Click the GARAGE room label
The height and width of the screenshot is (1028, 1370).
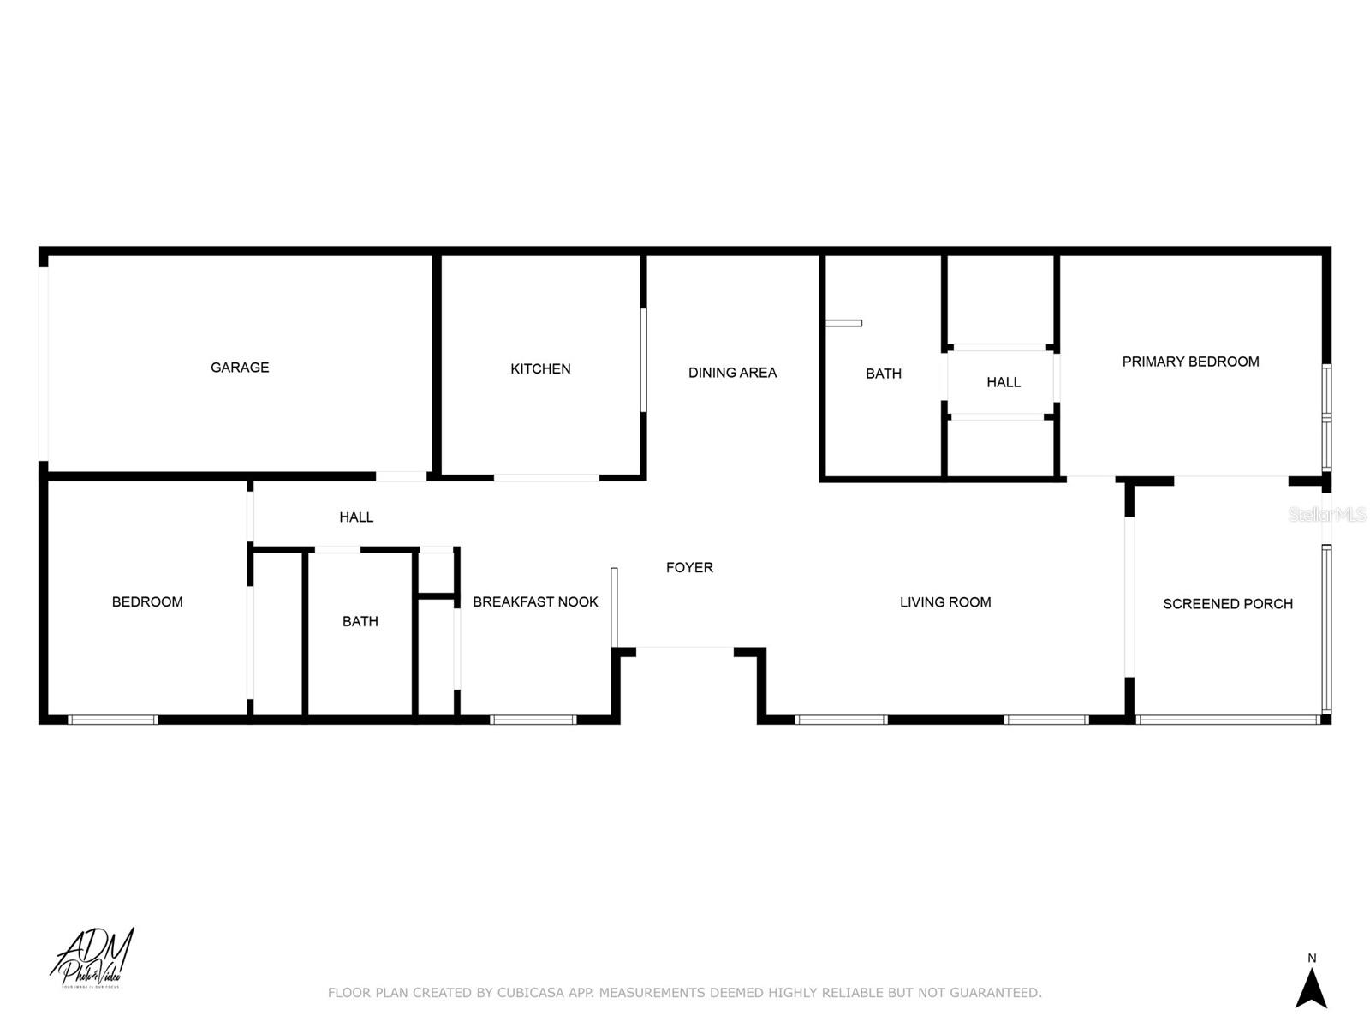(x=240, y=368)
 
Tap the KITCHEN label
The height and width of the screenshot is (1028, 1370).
(x=540, y=369)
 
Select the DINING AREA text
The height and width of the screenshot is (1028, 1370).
(x=732, y=373)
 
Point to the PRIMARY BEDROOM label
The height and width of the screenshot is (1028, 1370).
(x=1190, y=362)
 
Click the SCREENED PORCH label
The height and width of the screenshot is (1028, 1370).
(x=1227, y=604)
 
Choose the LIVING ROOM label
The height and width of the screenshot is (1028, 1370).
(x=945, y=602)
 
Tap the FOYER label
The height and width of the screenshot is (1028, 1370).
(x=689, y=567)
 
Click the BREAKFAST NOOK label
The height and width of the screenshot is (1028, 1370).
(x=535, y=602)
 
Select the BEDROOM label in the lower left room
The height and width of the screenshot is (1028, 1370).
(x=147, y=602)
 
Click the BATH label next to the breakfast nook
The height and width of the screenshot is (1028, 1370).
(x=360, y=621)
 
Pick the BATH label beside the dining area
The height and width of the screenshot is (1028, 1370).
(x=883, y=374)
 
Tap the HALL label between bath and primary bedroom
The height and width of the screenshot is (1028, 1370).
(x=1003, y=382)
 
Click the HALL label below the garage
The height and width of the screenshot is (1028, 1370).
(x=356, y=517)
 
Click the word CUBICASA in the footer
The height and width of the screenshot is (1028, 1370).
(x=531, y=993)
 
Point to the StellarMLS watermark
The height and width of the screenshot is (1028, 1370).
(x=1327, y=515)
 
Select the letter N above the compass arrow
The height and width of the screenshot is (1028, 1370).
(x=1312, y=958)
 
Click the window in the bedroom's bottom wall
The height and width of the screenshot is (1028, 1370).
(x=113, y=720)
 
